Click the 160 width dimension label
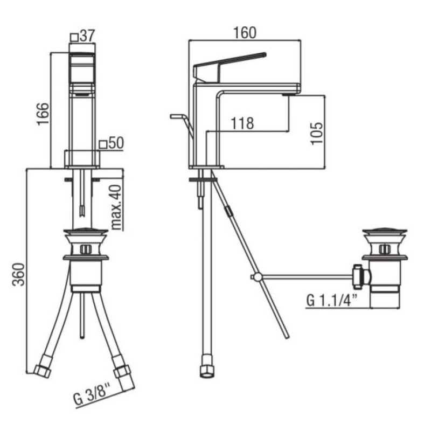pos(245,32)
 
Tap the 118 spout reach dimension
pos(242,123)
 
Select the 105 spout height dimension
pos(317,133)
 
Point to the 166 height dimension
pos(43,114)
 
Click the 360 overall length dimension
pos(18,275)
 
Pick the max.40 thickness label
pos(117,207)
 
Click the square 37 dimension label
pos(82,36)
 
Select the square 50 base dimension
pos(112,143)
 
